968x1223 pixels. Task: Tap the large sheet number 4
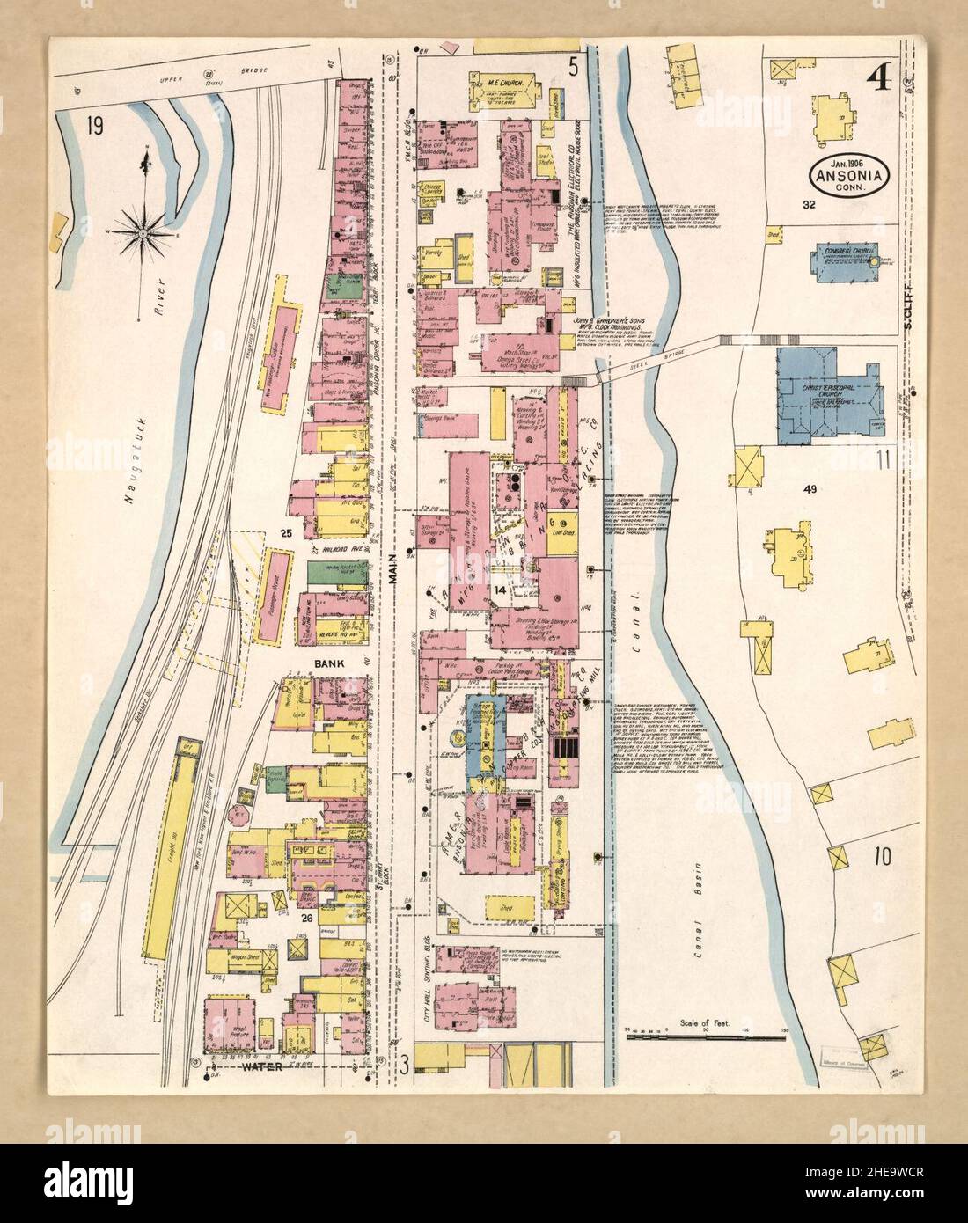click(x=878, y=78)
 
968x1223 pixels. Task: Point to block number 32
click(x=809, y=204)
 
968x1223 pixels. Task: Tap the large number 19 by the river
click(x=93, y=127)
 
